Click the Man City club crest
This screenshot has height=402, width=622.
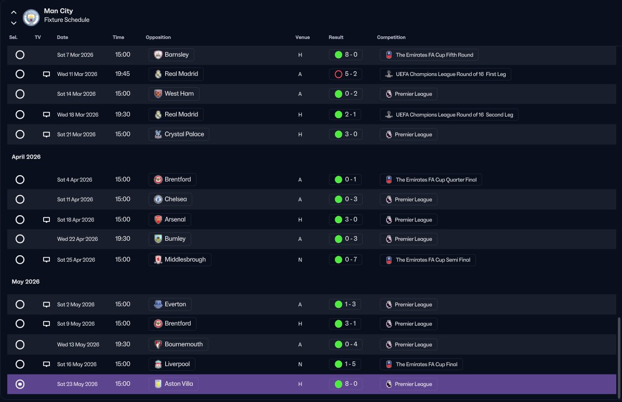pyautogui.click(x=31, y=17)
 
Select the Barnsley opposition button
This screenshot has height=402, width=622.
pyautogui.click(x=171, y=55)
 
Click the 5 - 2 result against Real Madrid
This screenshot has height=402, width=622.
pyautogui.click(x=346, y=74)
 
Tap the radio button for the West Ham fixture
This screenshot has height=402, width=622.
pyautogui.click(x=20, y=94)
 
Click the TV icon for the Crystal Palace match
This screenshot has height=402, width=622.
pyautogui.click(x=46, y=135)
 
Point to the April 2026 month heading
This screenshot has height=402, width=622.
pyautogui.click(x=26, y=157)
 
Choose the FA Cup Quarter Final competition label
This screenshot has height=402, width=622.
pyautogui.click(x=431, y=180)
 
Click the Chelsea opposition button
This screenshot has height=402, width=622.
pyautogui.click(x=170, y=199)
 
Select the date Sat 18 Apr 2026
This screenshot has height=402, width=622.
pyautogui.click(x=75, y=220)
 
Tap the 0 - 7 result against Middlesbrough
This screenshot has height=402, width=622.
pyautogui.click(x=346, y=260)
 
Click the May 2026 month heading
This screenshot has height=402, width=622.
pyautogui.click(x=26, y=282)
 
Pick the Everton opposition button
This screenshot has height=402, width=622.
pyautogui.click(x=170, y=304)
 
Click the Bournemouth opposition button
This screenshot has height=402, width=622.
pyautogui.click(x=178, y=344)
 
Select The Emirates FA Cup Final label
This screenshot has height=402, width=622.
pyautogui.click(x=421, y=365)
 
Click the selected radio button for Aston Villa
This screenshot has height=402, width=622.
pyautogui.click(x=20, y=384)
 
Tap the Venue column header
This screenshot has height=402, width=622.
pyautogui.click(x=302, y=37)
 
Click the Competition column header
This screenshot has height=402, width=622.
pyautogui.click(x=391, y=37)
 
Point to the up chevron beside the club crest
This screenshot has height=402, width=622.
pyautogui.click(x=14, y=12)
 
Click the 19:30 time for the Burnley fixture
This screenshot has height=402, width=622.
pyautogui.click(x=123, y=239)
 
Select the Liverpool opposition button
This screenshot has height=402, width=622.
pyautogui.click(x=172, y=365)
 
